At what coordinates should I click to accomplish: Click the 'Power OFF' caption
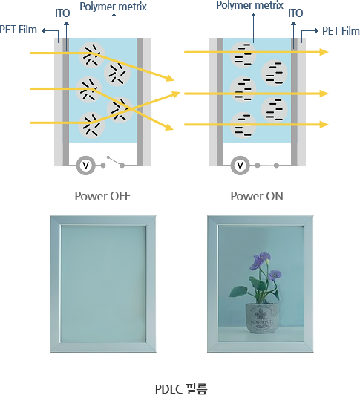(102, 196)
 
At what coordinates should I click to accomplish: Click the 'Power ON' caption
(257, 196)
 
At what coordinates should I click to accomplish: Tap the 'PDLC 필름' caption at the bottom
(181, 389)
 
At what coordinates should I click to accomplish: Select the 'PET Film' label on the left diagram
(19, 30)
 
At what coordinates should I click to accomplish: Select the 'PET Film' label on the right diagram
(341, 31)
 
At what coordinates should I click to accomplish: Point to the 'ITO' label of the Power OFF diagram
(62, 13)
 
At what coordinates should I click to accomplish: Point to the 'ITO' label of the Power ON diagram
(295, 13)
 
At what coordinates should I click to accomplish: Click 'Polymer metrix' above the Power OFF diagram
(113, 7)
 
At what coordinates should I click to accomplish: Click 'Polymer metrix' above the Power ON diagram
(249, 5)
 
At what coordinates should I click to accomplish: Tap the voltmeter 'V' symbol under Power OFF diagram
(85, 166)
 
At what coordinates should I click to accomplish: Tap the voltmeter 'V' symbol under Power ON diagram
(240, 166)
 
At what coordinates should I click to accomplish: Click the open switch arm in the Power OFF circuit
(114, 161)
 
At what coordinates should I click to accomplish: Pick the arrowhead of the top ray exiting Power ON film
(324, 52)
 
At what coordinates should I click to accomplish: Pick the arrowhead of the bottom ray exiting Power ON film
(324, 125)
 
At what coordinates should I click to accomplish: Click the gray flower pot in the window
(262, 318)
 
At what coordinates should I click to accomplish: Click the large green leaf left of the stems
(238, 293)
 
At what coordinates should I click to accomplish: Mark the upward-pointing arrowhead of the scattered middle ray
(176, 95)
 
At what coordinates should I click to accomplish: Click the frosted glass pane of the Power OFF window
(103, 284)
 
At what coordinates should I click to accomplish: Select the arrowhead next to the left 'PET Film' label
(44, 30)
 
